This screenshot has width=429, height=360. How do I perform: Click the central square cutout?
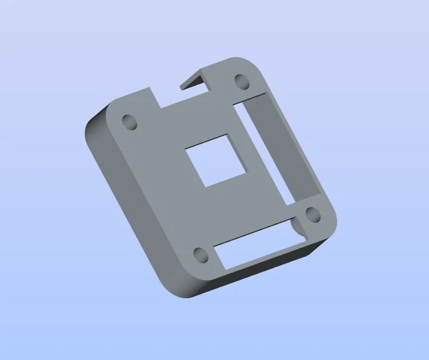[216, 161]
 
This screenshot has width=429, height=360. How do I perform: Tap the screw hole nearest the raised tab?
[242, 82]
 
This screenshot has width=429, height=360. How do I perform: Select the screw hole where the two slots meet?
[312, 214]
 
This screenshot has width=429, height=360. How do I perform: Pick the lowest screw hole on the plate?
[200, 256]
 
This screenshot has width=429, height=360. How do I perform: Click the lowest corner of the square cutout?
[204, 187]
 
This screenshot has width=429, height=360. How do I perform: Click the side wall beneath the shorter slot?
[255, 273]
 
